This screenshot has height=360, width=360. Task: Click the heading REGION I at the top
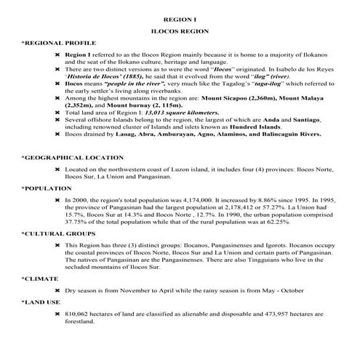(x=179, y=15)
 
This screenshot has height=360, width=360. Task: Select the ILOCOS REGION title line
(x=179, y=31)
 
